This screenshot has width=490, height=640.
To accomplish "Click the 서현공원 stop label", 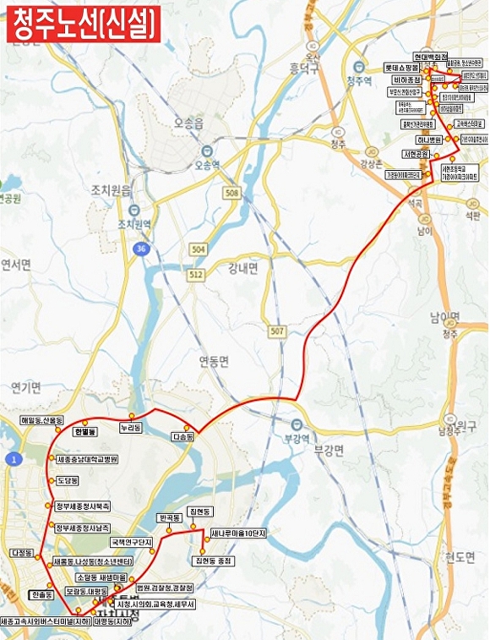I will tap(416, 154).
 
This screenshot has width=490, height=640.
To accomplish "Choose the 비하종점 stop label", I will tap(406, 79).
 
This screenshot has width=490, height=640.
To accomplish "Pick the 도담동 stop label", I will tap(67, 480).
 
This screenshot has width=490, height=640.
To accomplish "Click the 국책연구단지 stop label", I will tap(131, 541).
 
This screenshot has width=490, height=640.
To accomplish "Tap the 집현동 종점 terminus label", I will tap(212, 561).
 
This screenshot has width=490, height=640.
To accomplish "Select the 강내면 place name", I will tap(243, 269).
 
